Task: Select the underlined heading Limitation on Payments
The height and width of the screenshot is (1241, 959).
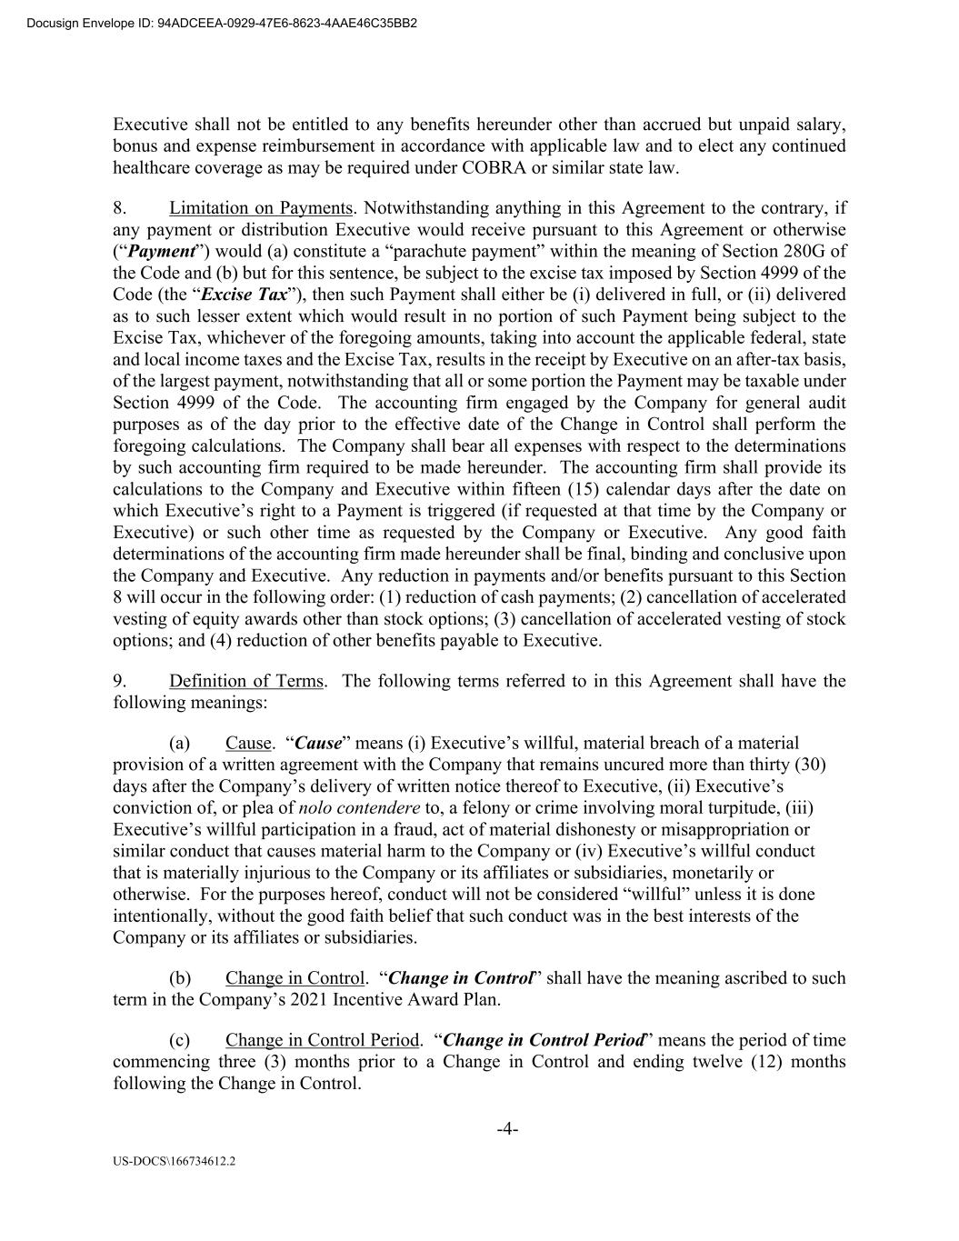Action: pos(261,208)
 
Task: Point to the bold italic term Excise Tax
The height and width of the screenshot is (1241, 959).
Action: pos(245,295)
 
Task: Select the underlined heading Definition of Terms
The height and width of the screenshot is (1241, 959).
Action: pos(245,681)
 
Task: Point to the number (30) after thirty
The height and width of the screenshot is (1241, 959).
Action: pos(810,765)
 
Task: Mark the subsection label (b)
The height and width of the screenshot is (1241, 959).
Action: pos(181,978)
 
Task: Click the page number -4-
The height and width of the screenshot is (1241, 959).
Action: pos(507,1129)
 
